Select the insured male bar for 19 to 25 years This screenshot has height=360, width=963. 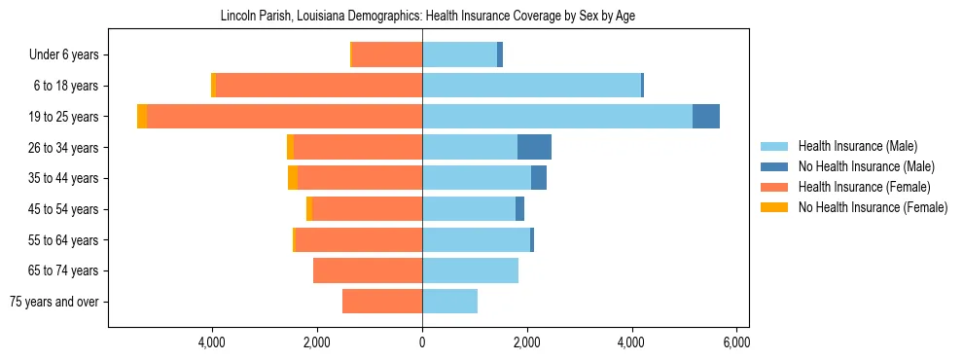point(556,117)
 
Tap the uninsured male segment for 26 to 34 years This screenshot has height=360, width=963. point(534,148)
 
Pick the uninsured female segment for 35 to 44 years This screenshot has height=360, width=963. point(293,178)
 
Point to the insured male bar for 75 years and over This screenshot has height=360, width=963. point(449,302)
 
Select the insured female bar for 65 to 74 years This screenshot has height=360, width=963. point(368,270)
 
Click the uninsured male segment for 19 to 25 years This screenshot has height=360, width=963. point(706,117)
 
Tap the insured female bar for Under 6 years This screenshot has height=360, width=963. point(386,55)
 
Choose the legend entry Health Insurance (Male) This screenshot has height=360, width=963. point(857,146)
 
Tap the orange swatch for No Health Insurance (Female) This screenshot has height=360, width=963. point(774,207)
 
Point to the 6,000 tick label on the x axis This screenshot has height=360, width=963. point(736,342)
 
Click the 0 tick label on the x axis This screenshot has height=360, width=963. point(422,342)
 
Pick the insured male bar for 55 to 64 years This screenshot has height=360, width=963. point(476,240)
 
